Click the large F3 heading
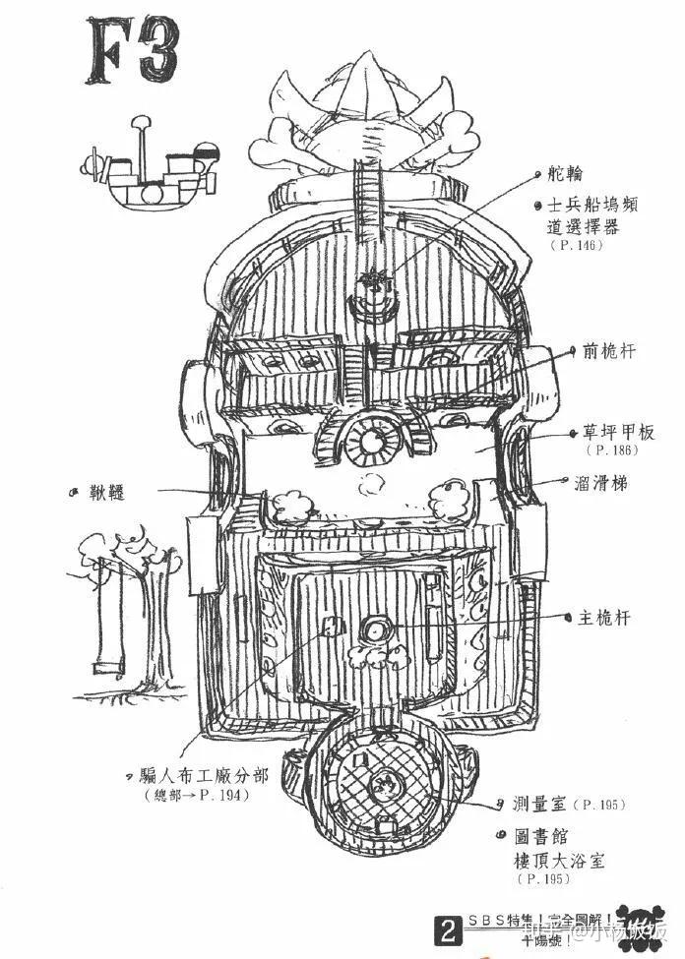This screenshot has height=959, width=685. coord(133,51)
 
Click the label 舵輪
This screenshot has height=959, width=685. coord(566,174)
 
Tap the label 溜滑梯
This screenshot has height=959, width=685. coord(601,484)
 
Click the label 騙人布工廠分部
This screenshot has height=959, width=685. coord(206,775)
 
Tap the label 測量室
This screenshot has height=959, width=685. coord(538,804)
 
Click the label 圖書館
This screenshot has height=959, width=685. coord(538,838)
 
